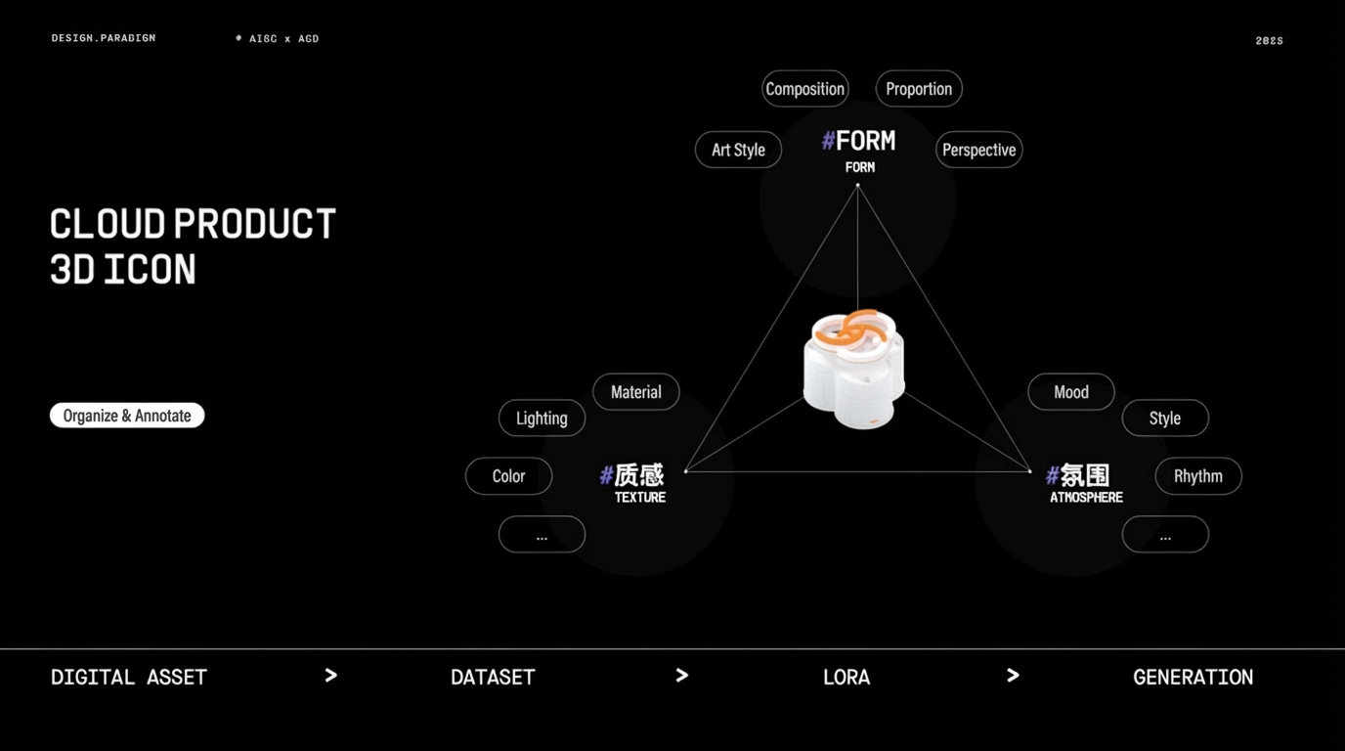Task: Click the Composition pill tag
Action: pos(804,89)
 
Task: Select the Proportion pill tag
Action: pos(919,89)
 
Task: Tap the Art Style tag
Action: pos(738,150)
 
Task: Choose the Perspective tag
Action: pos(978,150)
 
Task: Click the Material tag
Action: pos(636,392)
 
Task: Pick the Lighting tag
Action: pos(542,419)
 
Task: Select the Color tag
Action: pos(508,476)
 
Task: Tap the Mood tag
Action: pos(1071,392)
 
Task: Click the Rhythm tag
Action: pos(1198,476)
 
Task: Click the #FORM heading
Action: pos(858,141)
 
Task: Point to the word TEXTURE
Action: pos(640,498)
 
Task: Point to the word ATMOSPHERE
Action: pos(1086,498)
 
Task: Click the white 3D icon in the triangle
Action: pos(854,370)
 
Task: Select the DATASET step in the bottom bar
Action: pos(493,677)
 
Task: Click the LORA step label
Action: pos(846,677)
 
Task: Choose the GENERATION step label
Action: pos(1193,677)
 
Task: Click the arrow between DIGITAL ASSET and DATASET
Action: pos(330,676)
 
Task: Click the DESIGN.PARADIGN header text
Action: pos(104,38)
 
